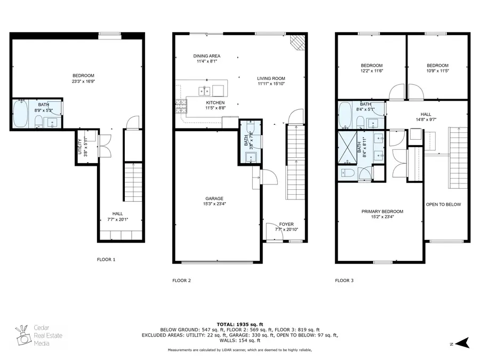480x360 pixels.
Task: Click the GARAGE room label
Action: pyautogui.click(x=214, y=198)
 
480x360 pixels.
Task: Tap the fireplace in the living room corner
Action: pyautogui.click(x=296, y=42)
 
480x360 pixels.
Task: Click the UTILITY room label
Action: pyautogui.click(x=79, y=143)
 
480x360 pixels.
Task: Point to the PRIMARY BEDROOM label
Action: pyautogui.click(x=382, y=212)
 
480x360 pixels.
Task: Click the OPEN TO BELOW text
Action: pyautogui.click(x=443, y=205)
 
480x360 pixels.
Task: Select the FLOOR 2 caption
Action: pyautogui.click(x=181, y=280)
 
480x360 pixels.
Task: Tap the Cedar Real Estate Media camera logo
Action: pyautogui.click(x=23, y=335)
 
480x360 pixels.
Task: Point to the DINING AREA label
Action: pyautogui.click(x=206, y=56)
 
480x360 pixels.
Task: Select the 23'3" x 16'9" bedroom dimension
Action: pyautogui.click(x=83, y=82)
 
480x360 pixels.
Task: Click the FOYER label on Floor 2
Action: pyautogui.click(x=286, y=224)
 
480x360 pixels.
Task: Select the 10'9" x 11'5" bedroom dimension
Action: pyautogui.click(x=437, y=70)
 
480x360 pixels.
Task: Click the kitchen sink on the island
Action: pyautogui.click(x=204, y=90)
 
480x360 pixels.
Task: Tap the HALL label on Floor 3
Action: pyautogui.click(x=426, y=114)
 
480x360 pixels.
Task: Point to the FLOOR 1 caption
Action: pyautogui.click(x=106, y=260)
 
